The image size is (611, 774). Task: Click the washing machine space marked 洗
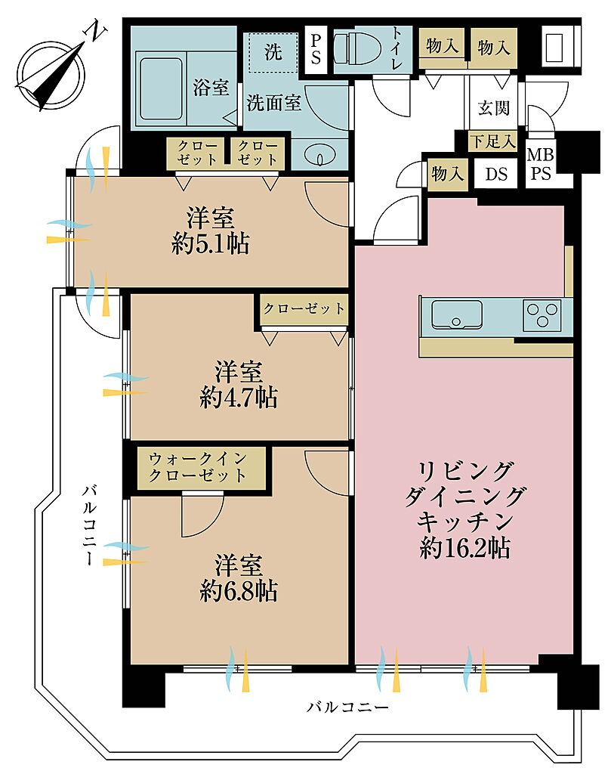273,52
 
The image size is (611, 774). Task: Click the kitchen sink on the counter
457,314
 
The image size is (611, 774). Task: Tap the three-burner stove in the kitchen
542,315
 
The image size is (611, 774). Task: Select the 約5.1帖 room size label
211,244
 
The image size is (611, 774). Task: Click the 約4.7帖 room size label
239,398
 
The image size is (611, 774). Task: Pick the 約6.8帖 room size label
239,590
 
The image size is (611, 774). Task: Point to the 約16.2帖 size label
464,547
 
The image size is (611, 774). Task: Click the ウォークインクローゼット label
197,467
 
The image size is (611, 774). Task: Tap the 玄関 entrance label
493,107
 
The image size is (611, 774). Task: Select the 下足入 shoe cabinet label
492,141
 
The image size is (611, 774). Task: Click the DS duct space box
496,174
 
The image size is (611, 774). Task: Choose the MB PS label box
541,164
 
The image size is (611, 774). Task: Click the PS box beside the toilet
316,49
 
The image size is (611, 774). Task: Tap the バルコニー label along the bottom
347,707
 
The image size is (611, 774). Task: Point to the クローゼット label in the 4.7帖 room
304,309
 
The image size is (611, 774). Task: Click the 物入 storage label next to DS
447,174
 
